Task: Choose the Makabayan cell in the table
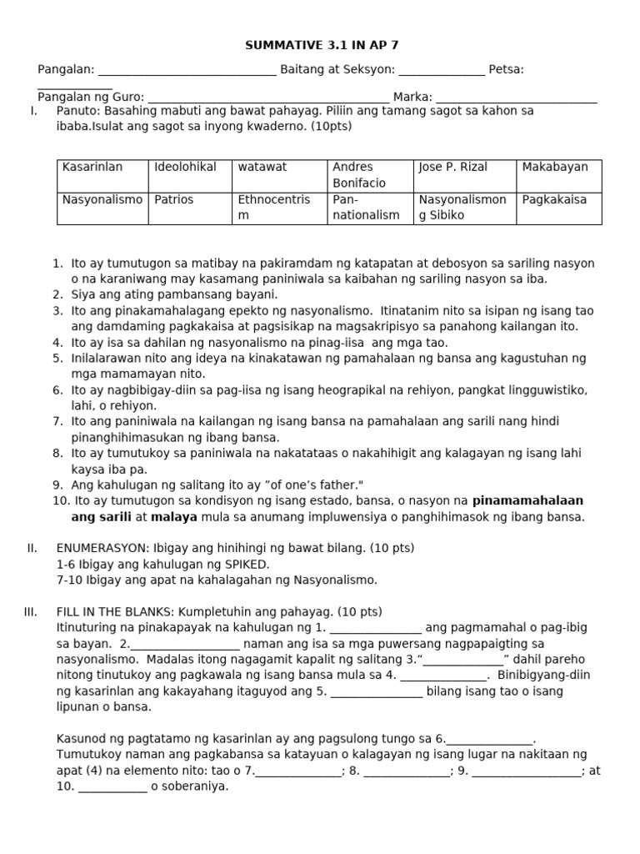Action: coord(555,168)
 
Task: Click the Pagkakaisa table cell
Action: coord(555,200)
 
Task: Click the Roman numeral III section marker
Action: coord(31,612)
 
